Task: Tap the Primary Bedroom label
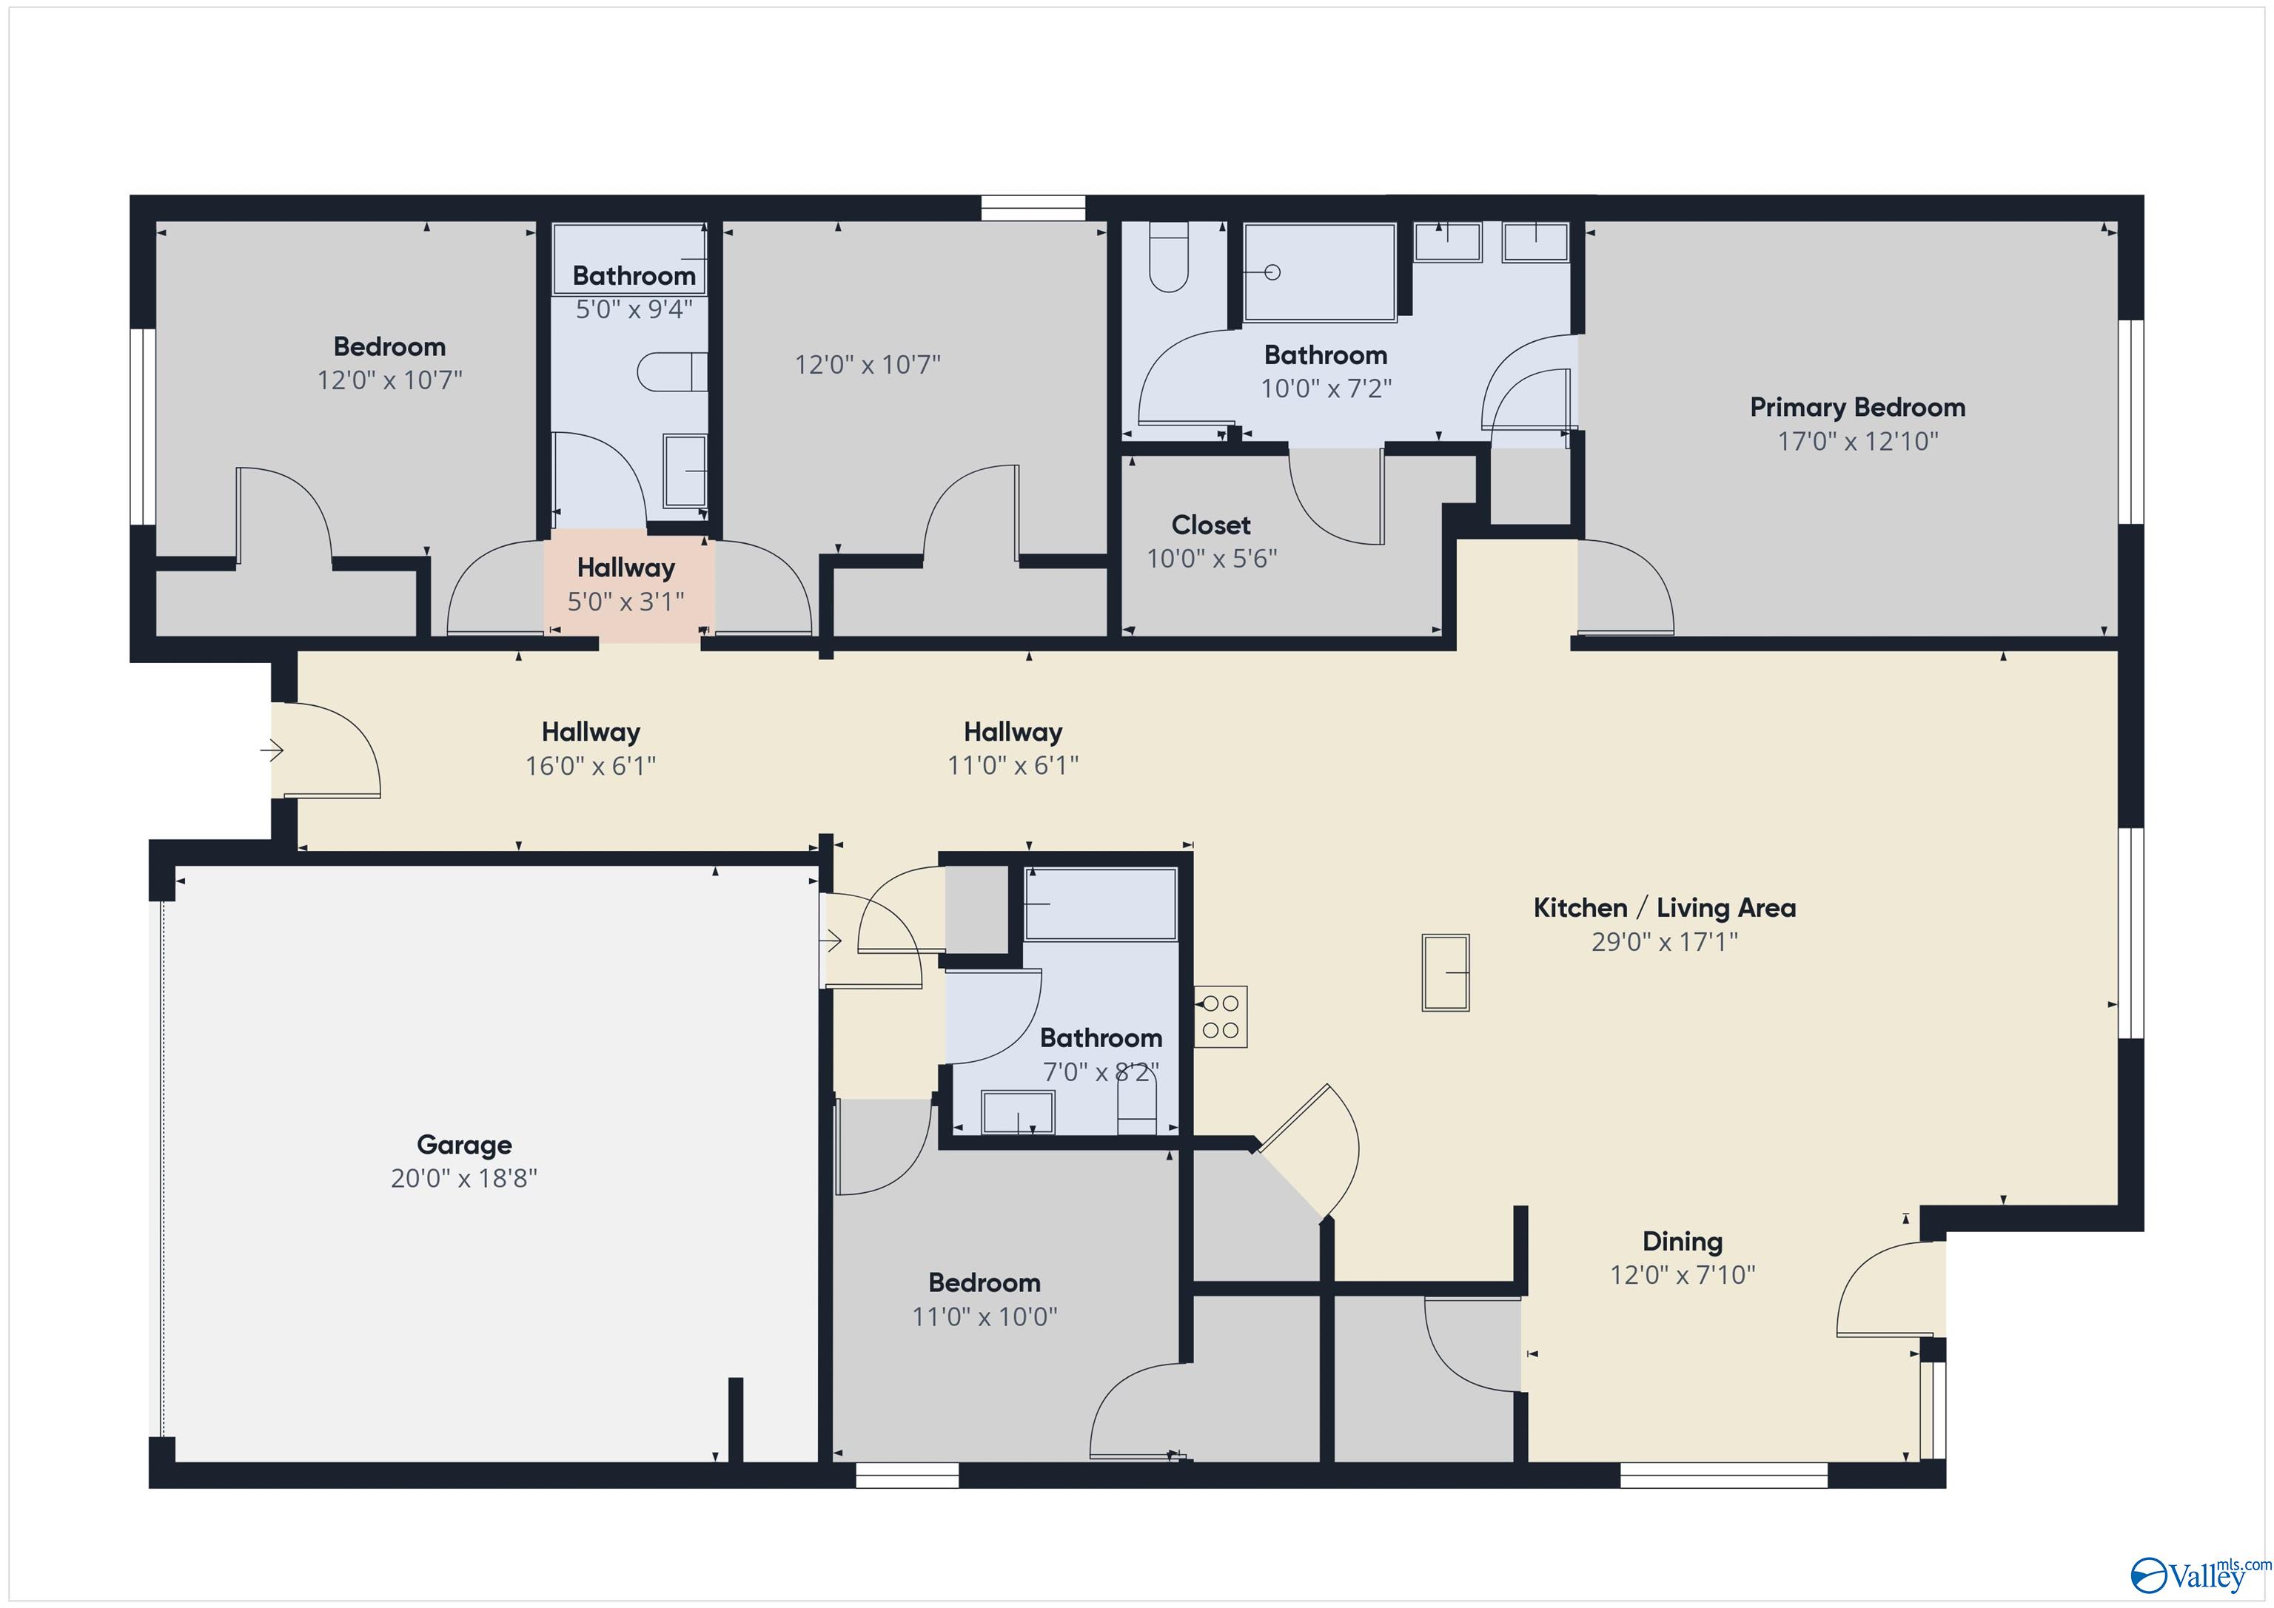pos(1857,407)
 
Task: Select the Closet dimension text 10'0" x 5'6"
pos(1211,559)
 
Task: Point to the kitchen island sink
pos(1445,972)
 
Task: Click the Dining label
pos(1682,1241)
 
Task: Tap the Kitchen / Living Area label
pos(1664,907)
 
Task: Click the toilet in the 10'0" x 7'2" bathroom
pos(1169,260)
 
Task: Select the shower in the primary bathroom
pos(1319,272)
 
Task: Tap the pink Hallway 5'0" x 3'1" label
pos(626,568)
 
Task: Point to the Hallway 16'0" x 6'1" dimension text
pos(590,765)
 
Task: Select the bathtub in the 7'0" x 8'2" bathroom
pos(1099,904)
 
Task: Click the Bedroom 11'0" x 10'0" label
pos(984,1282)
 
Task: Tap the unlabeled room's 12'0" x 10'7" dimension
pos(867,364)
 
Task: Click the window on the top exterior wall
pos(1033,208)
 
